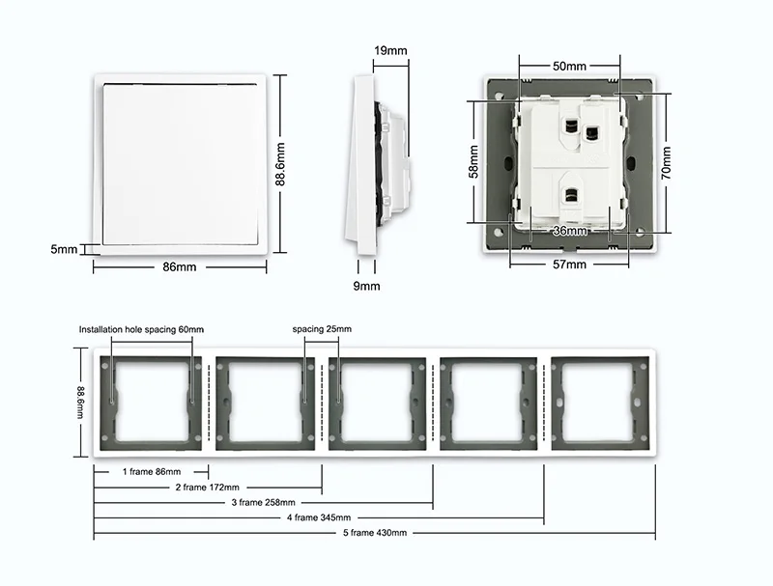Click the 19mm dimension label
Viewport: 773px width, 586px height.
390,50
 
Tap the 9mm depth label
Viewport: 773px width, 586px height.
366,286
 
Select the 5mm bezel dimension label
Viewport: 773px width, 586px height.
64,249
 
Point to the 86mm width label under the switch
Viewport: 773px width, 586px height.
180,266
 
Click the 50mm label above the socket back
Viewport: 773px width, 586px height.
569,66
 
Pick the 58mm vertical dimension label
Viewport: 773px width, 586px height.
473,161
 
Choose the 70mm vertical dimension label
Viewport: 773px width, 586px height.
666,163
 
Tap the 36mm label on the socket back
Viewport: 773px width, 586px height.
570,231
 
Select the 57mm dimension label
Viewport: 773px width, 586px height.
569,265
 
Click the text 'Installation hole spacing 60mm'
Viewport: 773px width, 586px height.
141,329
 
